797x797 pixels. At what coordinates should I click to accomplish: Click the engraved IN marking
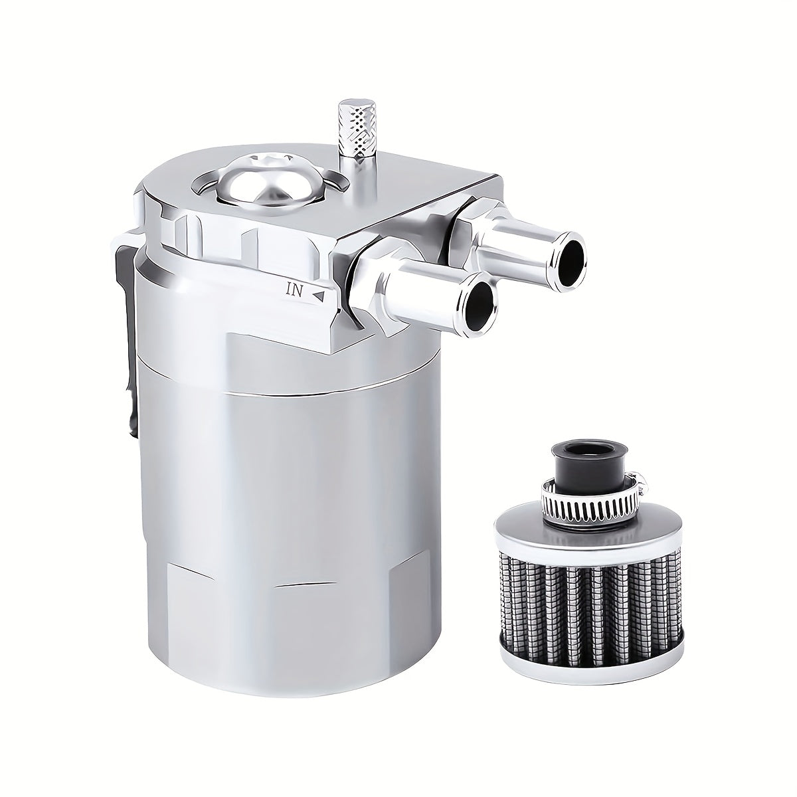295,289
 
